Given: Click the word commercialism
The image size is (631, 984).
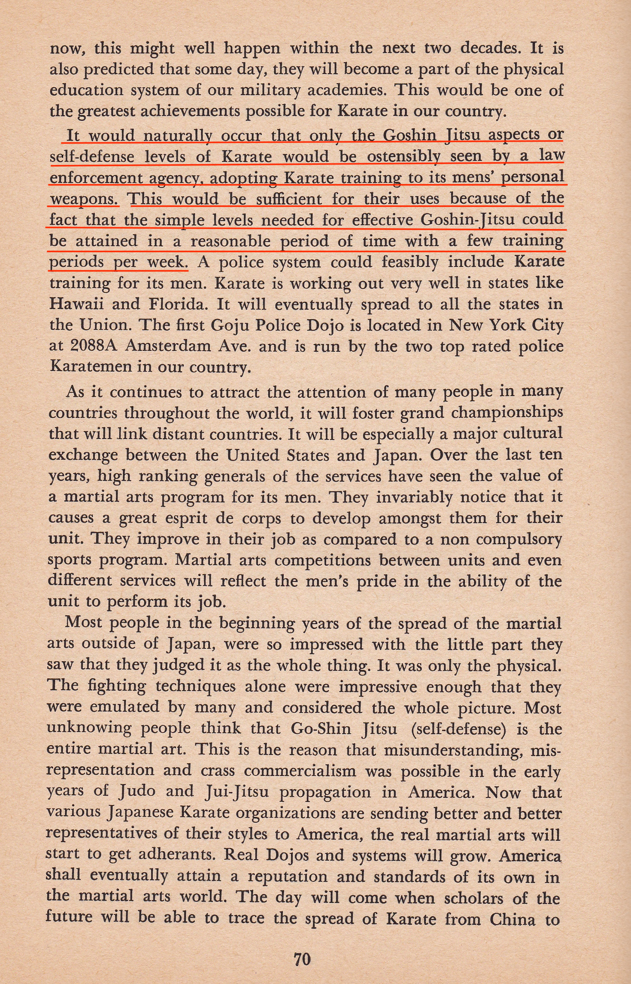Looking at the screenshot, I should tap(300, 771).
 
